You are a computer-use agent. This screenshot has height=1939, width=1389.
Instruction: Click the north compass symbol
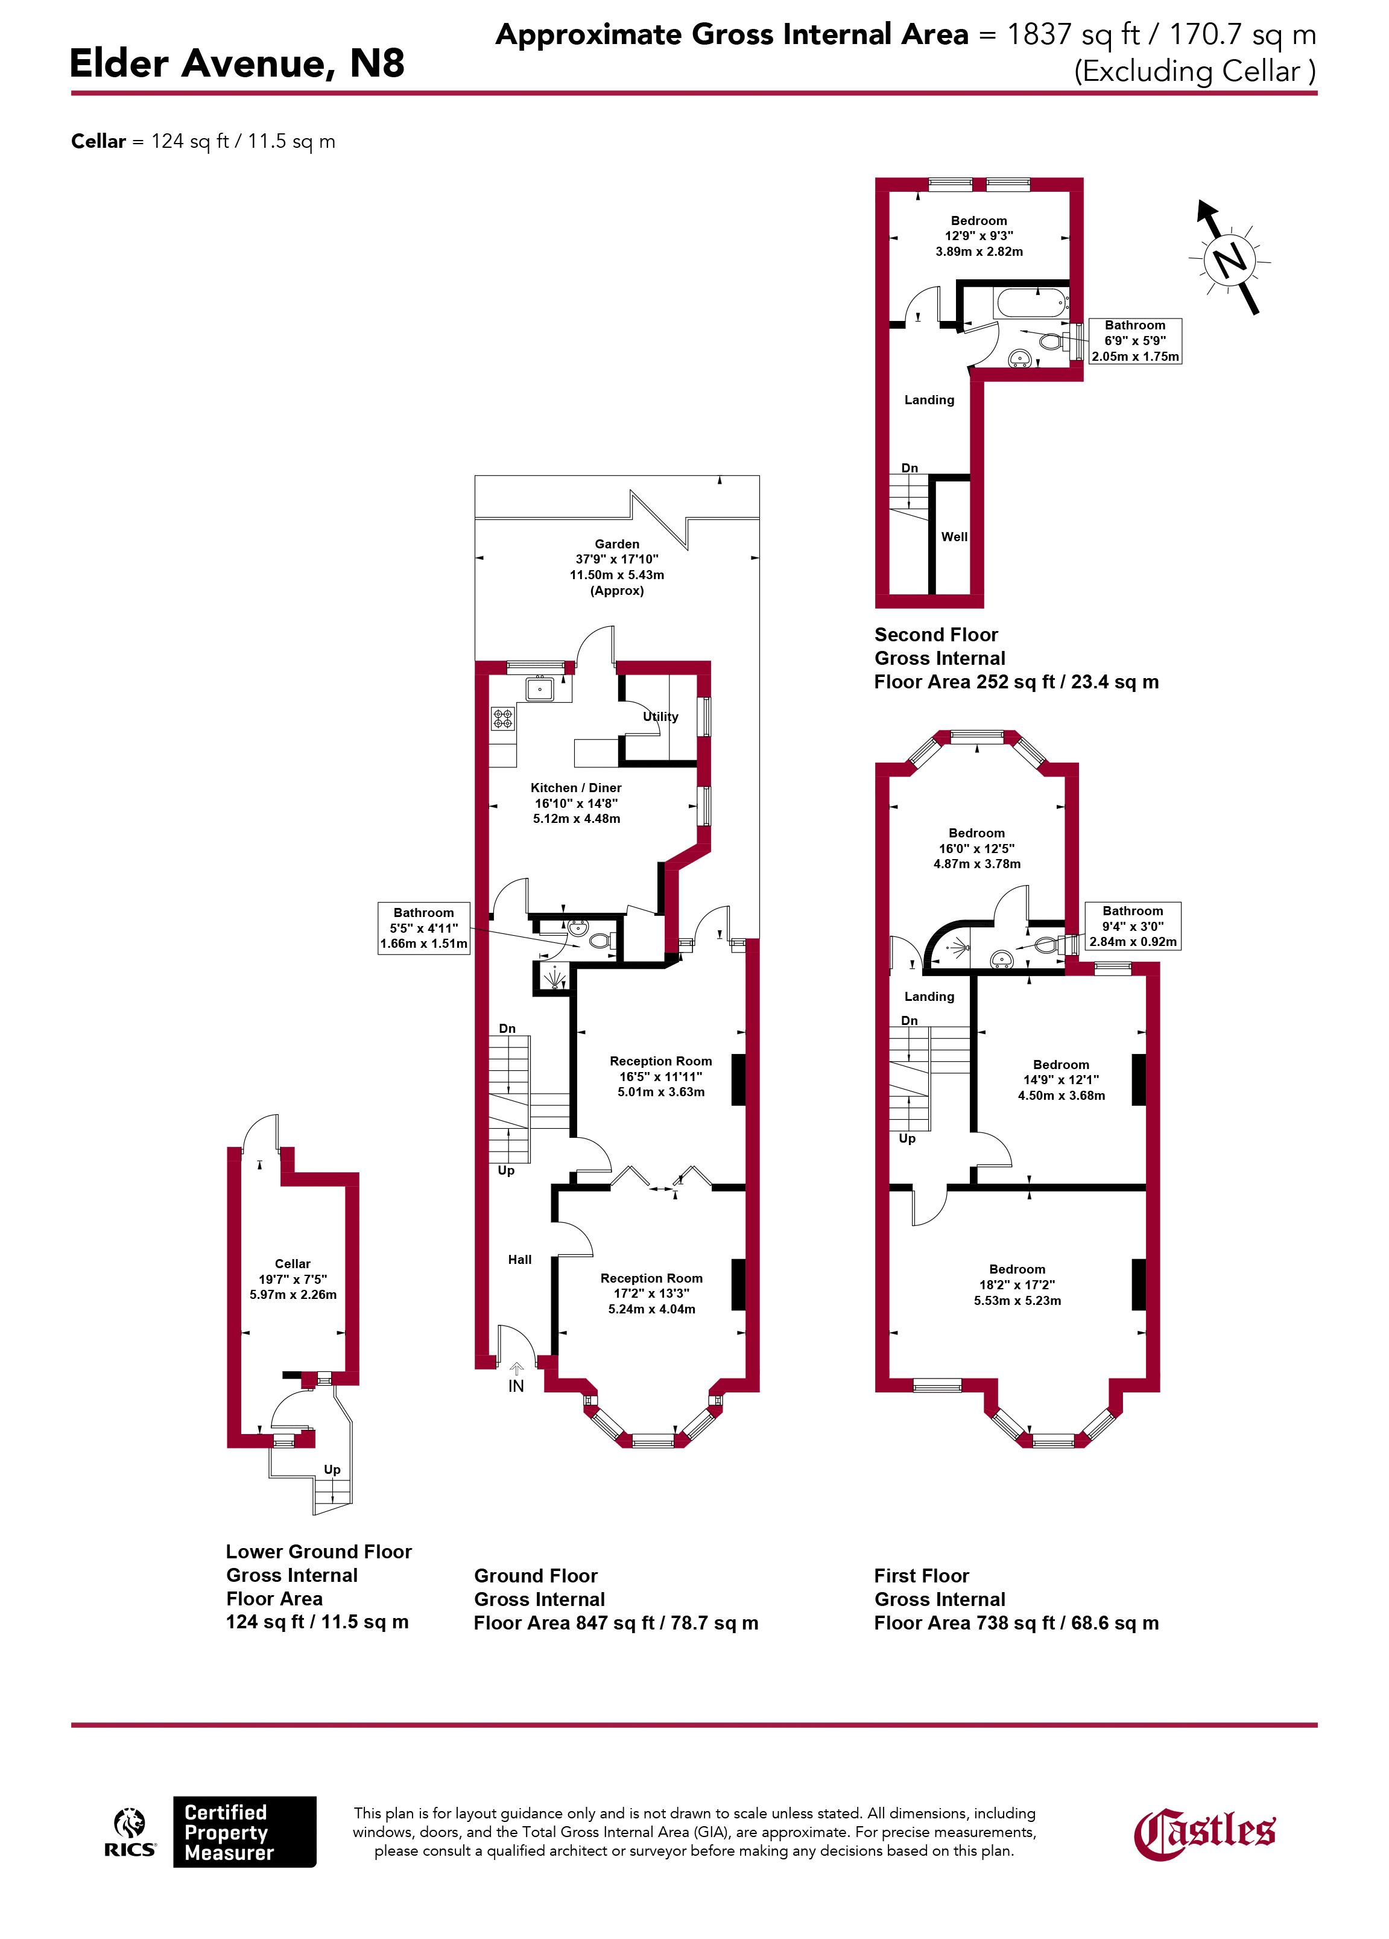1229,256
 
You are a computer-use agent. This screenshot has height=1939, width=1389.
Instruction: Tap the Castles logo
1204,1832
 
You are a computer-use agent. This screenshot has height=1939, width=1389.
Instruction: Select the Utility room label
661,717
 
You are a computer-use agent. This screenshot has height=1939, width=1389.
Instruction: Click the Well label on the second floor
954,537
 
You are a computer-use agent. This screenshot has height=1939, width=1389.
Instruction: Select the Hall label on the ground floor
520,1259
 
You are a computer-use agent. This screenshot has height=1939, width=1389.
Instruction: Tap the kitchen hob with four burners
502,718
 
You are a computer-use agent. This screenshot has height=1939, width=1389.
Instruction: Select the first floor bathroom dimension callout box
1133,926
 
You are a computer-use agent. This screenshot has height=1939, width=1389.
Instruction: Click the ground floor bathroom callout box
424,928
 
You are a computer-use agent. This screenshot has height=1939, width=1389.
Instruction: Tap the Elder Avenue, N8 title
237,63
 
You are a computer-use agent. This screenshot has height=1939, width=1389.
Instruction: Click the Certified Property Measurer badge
244,1832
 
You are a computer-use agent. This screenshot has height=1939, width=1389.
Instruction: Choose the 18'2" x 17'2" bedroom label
1017,1285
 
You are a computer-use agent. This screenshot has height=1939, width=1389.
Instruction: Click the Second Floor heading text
936,634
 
